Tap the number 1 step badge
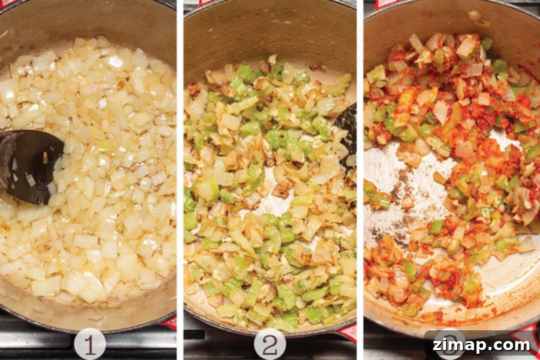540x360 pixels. (90, 344)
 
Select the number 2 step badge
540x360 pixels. (270, 344)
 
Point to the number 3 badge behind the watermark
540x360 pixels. (450, 344)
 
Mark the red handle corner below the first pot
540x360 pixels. (170, 323)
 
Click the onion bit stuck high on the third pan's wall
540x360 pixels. (474, 15)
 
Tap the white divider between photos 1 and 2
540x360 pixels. (180, 180)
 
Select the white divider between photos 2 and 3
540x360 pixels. (360, 180)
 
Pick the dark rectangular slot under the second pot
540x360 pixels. (194, 335)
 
